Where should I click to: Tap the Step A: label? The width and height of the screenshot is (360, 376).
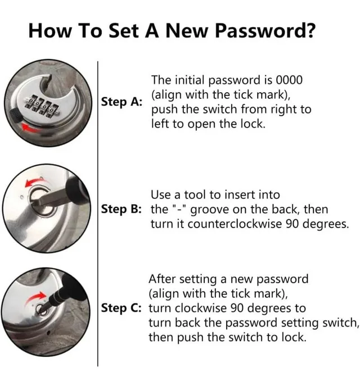tap(121, 102)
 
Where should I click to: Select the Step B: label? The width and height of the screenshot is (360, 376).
tap(121, 209)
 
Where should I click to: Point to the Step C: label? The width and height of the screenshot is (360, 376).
tap(121, 308)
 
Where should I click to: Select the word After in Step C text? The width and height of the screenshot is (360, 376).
tap(163, 279)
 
